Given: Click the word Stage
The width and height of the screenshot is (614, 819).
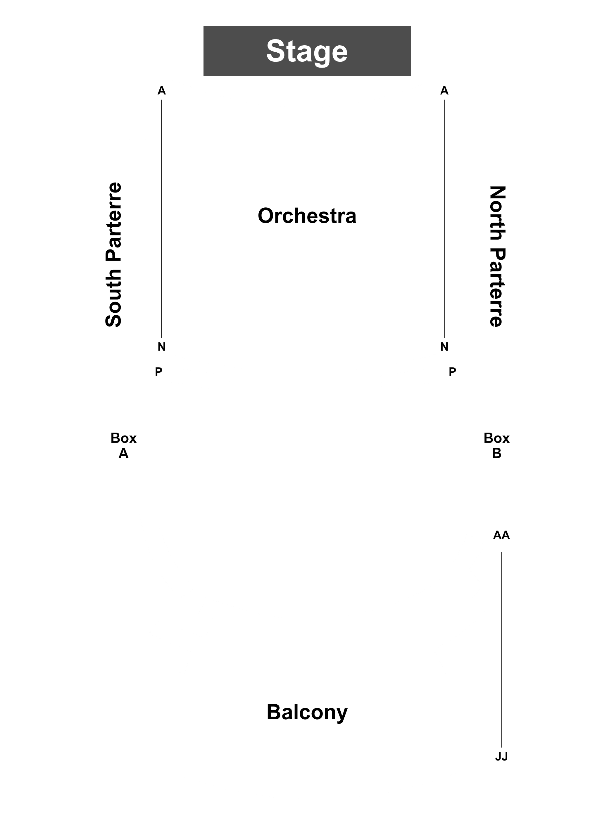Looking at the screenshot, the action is click(x=307, y=51).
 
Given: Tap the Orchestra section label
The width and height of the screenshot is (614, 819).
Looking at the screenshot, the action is click(x=307, y=216).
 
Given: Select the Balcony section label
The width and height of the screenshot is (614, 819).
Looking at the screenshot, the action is click(x=307, y=712).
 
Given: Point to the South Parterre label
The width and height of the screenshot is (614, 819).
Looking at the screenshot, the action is click(x=113, y=255).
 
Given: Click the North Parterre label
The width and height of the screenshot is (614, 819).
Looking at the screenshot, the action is click(x=497, y=256).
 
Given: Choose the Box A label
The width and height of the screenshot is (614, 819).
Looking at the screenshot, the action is click(x=124, y=445).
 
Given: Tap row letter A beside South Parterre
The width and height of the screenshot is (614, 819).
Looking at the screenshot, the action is click(x=162, y=90).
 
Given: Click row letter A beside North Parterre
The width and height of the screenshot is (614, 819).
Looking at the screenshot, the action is click(x=444, y=90).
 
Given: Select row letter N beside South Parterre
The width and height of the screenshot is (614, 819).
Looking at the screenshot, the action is click(x=162, y=347).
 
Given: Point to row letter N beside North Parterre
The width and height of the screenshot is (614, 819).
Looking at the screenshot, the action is click(x=444, y=347).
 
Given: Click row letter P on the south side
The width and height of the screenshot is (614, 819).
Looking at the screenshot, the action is click(x=158, y=372).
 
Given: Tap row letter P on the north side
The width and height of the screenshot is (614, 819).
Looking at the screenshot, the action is click(x=452, y=372).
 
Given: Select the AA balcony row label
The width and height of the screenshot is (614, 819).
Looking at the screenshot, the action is click(x=501, y=535).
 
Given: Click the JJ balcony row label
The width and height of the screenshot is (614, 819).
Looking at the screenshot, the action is click(x=501, y=757).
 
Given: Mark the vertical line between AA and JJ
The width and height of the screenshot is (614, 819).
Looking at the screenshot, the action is click(x=501, y=650).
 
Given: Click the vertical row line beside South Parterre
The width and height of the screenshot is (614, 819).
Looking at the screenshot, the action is click(x=161, y=219).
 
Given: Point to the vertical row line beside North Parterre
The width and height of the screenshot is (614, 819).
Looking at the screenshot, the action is click(x=444, y=219).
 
